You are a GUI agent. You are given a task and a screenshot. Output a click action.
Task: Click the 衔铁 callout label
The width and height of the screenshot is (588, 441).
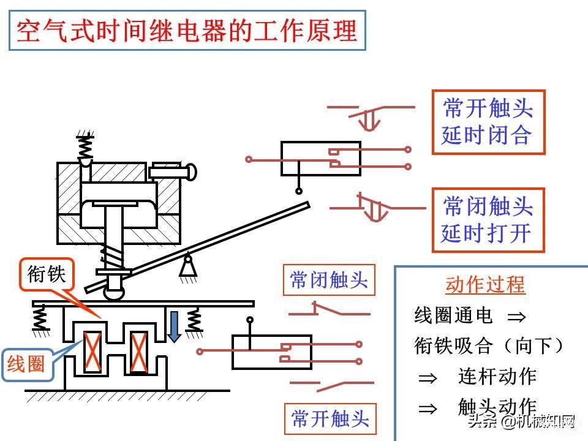[x=47, y=274]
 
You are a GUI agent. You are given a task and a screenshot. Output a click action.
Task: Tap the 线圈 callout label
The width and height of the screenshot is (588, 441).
[x=26, y=364]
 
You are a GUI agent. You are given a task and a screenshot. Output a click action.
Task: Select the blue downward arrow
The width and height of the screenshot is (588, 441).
[x=173, y=326]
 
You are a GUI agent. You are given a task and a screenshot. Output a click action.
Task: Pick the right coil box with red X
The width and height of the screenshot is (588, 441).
[x=138, y=353]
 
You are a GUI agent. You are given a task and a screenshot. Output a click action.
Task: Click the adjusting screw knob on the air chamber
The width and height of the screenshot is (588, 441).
[x=173, y=171]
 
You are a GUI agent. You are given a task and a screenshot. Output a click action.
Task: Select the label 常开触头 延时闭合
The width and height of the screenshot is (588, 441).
[x=488, y=122]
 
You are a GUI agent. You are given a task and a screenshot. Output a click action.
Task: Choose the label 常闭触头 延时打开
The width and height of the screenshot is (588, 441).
[x=488, y=220]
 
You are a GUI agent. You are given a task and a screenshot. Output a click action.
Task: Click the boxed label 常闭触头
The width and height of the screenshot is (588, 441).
[x=329, y=280]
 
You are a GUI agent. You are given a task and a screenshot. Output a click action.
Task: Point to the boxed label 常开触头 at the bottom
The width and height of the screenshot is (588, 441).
[x=330, y=418]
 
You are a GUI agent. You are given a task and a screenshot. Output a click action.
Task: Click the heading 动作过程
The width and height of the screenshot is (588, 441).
[x=485, y=285]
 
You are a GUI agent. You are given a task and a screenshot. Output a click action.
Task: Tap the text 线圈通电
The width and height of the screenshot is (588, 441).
[x=453, y=315]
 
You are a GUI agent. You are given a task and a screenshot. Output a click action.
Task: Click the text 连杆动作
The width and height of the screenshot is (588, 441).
[x=497, y=376]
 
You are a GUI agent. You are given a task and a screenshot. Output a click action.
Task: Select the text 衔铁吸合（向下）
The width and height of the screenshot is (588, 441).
[x=489, y=345]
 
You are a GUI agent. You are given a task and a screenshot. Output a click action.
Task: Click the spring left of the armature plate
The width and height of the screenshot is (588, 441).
[x=40, y=318]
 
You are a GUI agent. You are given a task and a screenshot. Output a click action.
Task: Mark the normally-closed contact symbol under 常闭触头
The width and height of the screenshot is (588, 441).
[x=330, y=309]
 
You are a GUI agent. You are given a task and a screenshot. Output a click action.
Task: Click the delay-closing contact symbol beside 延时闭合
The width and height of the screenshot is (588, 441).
[x=371, y=117]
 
